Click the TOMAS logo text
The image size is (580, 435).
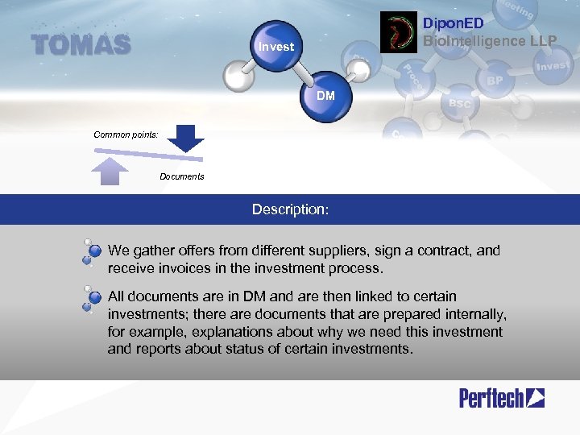[81, 45]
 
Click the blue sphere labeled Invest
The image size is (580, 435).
[276, 47]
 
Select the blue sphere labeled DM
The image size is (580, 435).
[325, 97]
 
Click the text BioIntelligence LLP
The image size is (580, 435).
[489, 40]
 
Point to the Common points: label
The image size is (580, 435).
[126, 135]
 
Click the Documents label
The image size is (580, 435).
[182, 176]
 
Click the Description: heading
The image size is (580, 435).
[290, 209]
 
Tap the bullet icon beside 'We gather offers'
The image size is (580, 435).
[92, 251]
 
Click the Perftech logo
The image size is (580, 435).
[501, 397]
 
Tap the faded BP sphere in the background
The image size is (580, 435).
[495, 81]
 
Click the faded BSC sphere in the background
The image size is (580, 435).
[459, 104]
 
